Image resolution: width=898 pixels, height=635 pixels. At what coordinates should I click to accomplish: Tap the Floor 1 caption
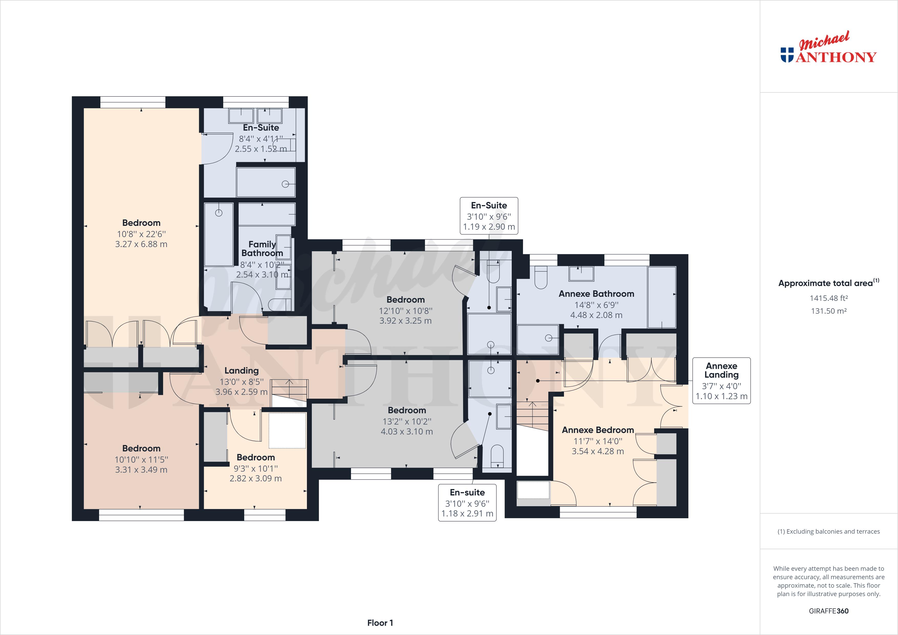(x=380, y=623)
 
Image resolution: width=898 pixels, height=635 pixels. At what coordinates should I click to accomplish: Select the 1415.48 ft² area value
(x=828, y=298)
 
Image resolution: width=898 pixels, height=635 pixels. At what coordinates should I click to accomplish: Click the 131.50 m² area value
(x=828, y=311)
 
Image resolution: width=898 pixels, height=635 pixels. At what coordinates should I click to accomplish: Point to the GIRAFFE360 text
(x=828, y=611)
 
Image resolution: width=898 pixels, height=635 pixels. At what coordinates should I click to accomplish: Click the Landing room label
(x=241, y=371)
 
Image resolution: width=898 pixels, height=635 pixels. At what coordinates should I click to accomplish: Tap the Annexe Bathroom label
(x=596, y=294)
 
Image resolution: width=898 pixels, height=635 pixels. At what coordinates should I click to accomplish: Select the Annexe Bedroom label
(x=598, y=430)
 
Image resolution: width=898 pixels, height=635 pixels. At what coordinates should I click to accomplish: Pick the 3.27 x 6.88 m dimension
(x=141, y=244)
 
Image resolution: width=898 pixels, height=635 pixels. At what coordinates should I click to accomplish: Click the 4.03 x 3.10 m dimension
(x=407, y=431)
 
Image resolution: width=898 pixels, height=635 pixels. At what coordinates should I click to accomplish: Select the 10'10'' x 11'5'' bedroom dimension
(x=141, y=460)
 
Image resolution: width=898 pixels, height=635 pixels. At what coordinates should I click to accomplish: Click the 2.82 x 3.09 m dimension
(x=255, y=478)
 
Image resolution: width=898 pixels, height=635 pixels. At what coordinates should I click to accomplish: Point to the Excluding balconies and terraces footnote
(x=828, y=531)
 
